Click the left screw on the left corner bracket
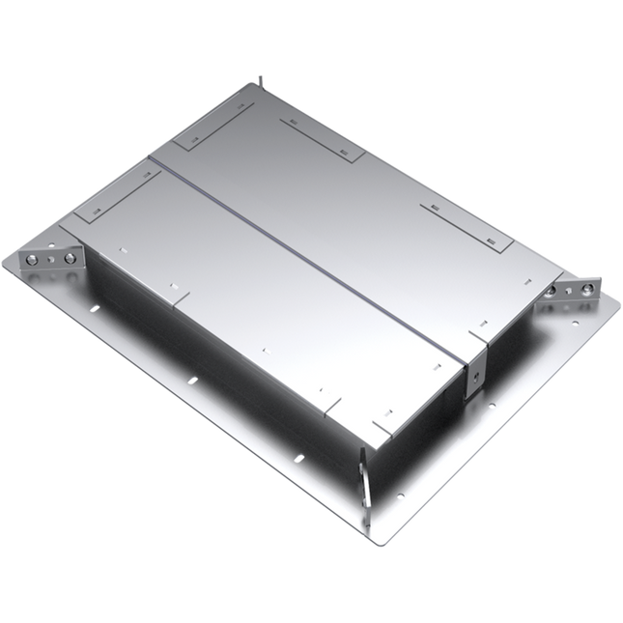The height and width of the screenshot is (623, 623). (x=33, y=259)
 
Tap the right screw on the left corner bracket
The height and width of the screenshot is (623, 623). (x=70, y=258)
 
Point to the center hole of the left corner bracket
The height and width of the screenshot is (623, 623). (x=51, y=259)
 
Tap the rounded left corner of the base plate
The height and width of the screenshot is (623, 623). (x=8, y=263)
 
